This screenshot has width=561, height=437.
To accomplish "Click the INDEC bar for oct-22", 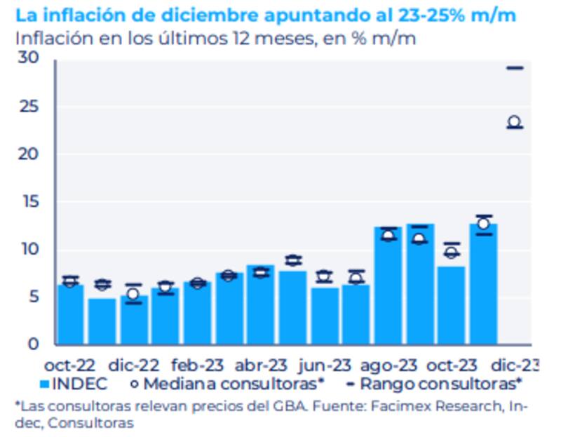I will [70, 314].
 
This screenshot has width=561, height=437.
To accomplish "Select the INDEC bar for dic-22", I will [133, 320].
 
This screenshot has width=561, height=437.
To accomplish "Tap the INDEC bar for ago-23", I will [388, 286].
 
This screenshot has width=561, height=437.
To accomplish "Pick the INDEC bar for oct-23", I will [451, 305].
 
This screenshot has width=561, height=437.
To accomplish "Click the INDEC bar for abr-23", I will [260, 304].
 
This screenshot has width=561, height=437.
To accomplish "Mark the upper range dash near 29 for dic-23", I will [515, 68].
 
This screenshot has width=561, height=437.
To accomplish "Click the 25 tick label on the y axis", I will [30, 107].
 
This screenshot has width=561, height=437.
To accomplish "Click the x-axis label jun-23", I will [324, 365].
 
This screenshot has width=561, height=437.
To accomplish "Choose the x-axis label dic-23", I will [515, 365].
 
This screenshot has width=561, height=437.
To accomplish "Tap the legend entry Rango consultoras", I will [438, 384].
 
